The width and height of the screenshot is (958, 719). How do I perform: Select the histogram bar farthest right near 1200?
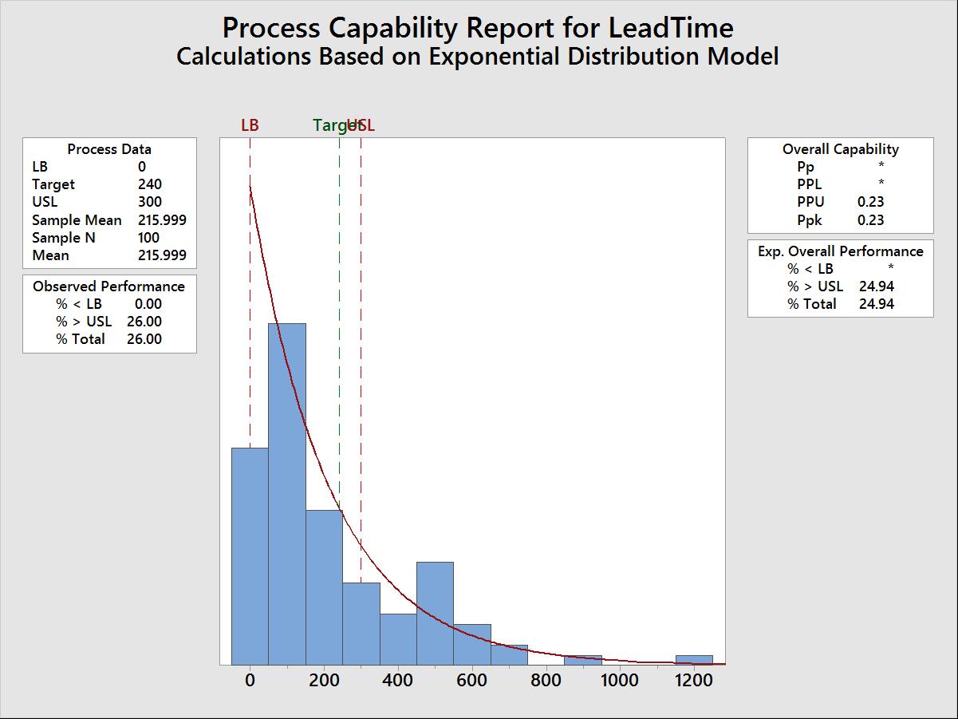click(x=694, y=660)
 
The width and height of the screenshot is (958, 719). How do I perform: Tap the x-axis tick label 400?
click(x=398, y=681)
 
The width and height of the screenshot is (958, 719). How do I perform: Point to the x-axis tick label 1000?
click(x=620, y=681)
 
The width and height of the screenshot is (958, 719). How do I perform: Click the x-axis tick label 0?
click(x=250, y=681)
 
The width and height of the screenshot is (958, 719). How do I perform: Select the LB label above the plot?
click(x=250, y=125)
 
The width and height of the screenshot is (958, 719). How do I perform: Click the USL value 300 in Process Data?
click(x=149, y=202)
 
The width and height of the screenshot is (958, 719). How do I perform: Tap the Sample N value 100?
click(x=148, y=238)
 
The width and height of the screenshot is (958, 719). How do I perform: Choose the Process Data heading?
click(x=109, y=149)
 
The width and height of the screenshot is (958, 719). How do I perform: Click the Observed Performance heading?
click(x=108, y=286)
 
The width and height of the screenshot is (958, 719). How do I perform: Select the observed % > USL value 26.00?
click(x=144, y=322)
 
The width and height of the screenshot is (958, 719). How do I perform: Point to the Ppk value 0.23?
click(x=870, y=220)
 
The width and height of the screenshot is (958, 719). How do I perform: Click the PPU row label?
click(x=810, y=202)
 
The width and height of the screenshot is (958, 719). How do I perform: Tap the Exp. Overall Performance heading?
click(x=840, y=251)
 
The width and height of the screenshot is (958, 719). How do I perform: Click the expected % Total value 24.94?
click(x=876, y=304)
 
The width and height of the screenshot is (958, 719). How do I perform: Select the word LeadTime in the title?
click(x=670, y=28)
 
